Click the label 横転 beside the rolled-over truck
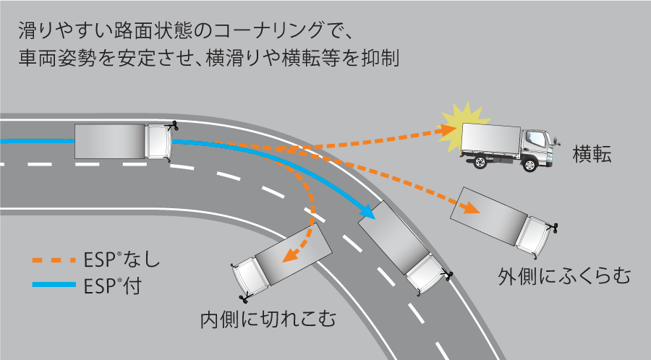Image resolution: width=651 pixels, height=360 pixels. (x=592, y=154)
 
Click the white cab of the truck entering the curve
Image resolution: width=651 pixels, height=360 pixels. (x=158, y=142)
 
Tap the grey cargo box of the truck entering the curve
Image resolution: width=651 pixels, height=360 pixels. (x=110, y=141)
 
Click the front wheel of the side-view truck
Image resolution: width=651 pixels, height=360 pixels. (x=530, y=165)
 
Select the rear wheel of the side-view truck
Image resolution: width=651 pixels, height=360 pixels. (x=479, y=163)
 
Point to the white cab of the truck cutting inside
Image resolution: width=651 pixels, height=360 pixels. (x=246, y=277)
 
